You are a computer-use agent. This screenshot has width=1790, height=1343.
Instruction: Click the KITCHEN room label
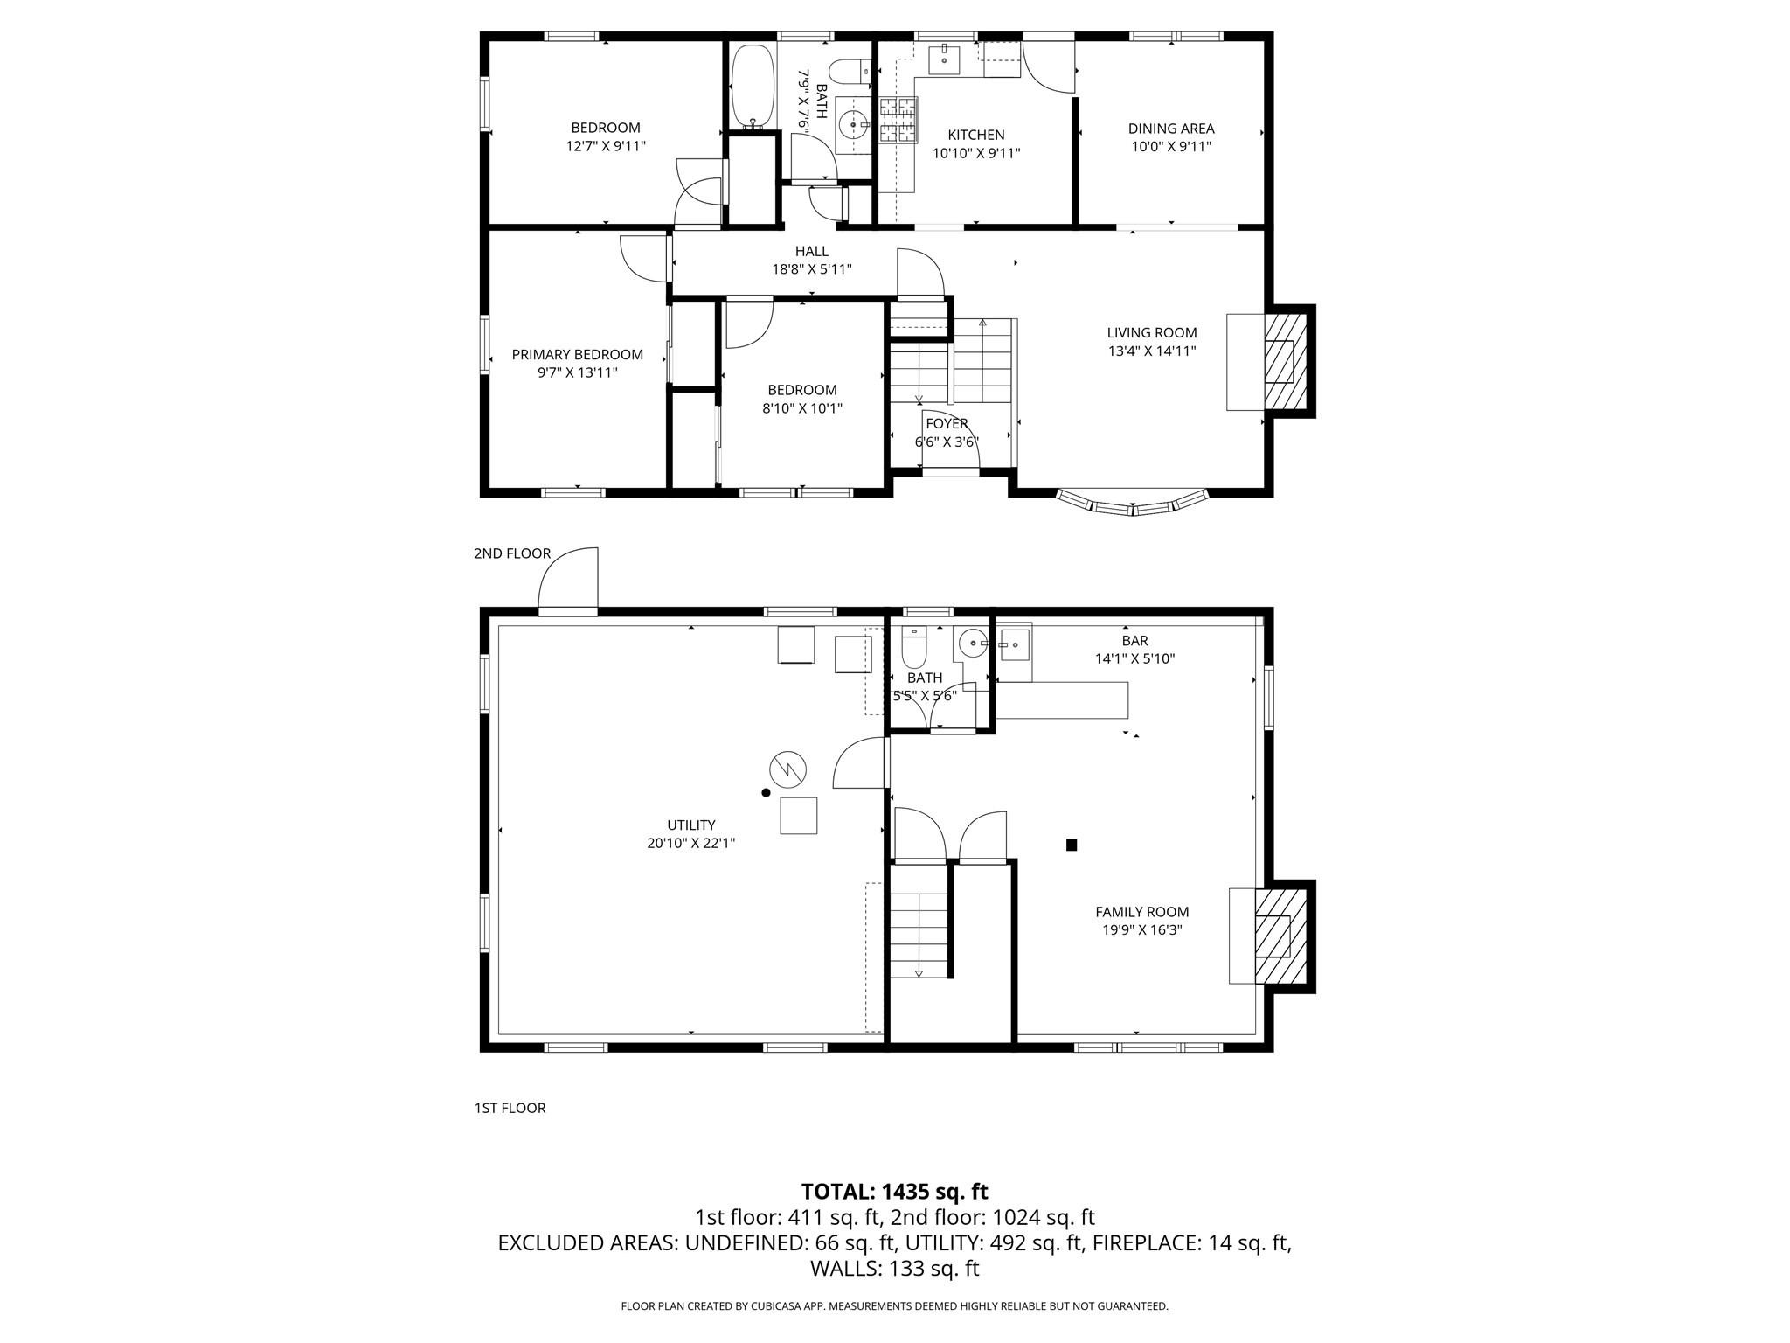pyautogui.click(x=976, y=135)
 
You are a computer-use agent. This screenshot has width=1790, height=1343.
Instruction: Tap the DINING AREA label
pyautogui.click(x=1171, y=129)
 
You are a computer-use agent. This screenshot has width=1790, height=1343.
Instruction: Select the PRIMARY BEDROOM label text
pyautogui.click(x=577, y=354)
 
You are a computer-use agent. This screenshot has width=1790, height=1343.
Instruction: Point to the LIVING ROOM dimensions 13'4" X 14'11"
pyautogui.click(x=1152, y=351)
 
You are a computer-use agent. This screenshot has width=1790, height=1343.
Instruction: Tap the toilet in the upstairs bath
pyautogui.click(x=849, y=71)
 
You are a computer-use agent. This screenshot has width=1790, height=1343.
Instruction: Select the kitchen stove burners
pyautogui.click(x=898, y=121)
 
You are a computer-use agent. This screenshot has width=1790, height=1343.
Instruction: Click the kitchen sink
pyautogui.click(x=945, y=61)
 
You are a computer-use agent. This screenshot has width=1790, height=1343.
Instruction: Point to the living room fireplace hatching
pyautogui.click(x=1286, y=360)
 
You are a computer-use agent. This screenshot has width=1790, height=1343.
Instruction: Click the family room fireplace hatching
pyautogui.click(x=1281, y=936)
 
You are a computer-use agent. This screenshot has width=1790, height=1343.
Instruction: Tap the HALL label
pyautogui.click(x=812, y=252)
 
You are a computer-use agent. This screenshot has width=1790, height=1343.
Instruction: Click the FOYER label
pyautogui.click(x=947, y=424)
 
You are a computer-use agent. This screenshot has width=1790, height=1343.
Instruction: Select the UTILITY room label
pyautogui.click(x=691, y=825)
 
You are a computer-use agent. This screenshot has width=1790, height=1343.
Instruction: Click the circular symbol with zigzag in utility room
pyautogui.click(x=787, y=769)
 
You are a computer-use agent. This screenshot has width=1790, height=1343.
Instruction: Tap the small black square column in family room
pyautogui.click(x=1072, y=845)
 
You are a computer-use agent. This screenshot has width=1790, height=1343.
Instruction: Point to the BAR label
pyautogui.click(x=1134, y=641)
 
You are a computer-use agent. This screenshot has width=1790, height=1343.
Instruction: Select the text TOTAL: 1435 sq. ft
pyautogui.click(x=895, y=1192)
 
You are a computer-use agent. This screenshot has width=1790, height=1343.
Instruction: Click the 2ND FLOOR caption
pyautogui.click(x=512, y=553)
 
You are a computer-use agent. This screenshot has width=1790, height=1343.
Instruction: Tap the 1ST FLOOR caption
pyautogui.click(x=510, y=1108)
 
